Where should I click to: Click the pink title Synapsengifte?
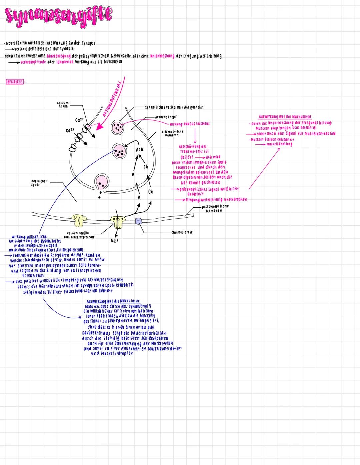coord(59,15)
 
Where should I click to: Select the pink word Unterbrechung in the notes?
coord(162,56)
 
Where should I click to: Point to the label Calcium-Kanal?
coord(63,105)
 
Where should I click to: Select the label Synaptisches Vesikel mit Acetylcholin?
coord(174,107)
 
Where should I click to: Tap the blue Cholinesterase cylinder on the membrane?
coord(139,221)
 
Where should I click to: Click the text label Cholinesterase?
coord(182,232)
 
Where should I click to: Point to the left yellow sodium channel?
coord(80,219)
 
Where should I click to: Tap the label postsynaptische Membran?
coord(215,208)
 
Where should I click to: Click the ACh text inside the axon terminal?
coord(139,150)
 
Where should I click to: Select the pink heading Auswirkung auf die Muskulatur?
coord(285,117)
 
